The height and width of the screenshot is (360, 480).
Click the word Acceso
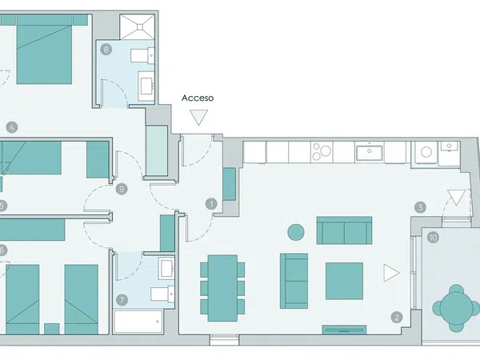click(x=198, y=98)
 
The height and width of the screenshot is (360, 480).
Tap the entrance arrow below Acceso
click(x=198, y=118)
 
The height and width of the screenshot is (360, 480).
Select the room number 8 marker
click(x=106, y=49)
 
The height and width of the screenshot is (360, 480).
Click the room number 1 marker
click(x=211, y=204)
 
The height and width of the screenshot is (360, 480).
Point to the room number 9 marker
click(x=122, y=189)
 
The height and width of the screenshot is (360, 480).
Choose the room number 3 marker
click(x=420, y=207)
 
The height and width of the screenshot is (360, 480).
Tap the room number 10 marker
click(x=433, y=238)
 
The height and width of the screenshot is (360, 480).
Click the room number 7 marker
click(x=122, y=300)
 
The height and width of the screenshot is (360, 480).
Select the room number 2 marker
click(x=397, y=317)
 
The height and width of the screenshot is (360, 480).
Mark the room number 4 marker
click(x=12, y=127)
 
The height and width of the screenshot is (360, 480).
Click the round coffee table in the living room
click(x=296, y=232)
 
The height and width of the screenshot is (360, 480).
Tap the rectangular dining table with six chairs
click(x=222, y=288)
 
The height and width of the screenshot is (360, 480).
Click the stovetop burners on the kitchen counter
click(x=322, y=153)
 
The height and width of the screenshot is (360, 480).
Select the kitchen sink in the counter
click(x=369, y=153)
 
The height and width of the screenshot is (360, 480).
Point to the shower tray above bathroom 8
click(x=137, y=27)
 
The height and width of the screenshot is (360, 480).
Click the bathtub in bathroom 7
click(x=138, y=322)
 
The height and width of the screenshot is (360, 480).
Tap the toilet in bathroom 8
click(x=142, y=55)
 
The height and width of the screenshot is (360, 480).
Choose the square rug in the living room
click(x=344, y=281)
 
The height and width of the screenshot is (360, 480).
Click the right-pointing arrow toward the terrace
click(x=391, y=273)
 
